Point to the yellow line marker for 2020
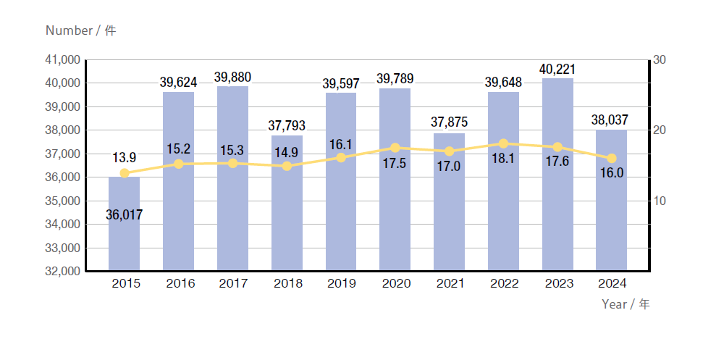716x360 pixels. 395,148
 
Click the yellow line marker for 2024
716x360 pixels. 612,158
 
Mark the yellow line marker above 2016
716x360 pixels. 179,164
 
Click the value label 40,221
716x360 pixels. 557,70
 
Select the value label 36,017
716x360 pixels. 124,214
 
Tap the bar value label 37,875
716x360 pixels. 450,122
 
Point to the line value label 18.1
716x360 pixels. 503,159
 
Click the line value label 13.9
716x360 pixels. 124,157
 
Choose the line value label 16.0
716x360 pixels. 612,174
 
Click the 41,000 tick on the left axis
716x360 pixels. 62,59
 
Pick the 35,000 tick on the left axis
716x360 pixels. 62,201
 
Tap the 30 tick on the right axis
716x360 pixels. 659,59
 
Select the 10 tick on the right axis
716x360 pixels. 659,201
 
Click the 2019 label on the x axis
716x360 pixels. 341,284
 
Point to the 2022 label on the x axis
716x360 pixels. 503,284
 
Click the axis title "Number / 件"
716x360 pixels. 80,30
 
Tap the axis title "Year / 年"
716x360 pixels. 626,304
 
